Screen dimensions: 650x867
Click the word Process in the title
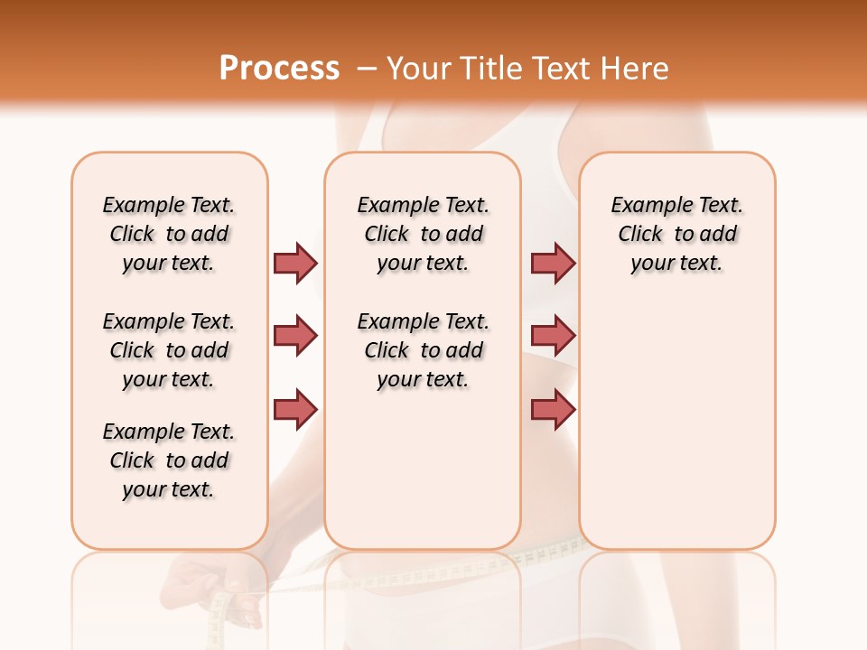(279, 69)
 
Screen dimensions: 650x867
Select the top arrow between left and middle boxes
(295, 262)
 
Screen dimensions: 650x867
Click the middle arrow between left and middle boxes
(295, 336)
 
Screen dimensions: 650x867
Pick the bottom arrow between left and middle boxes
(295, 408)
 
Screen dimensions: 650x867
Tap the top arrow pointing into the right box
(553, 262)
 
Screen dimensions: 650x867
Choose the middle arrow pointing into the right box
(553, 336)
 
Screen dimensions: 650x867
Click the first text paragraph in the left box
(169, 234)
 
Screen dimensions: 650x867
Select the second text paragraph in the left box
(169, 350)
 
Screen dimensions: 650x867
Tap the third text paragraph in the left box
(169, 460)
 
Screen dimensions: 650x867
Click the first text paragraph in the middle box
(423, 234)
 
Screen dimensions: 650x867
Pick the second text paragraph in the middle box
(423, 350)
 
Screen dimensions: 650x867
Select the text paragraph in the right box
(676, 234)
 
